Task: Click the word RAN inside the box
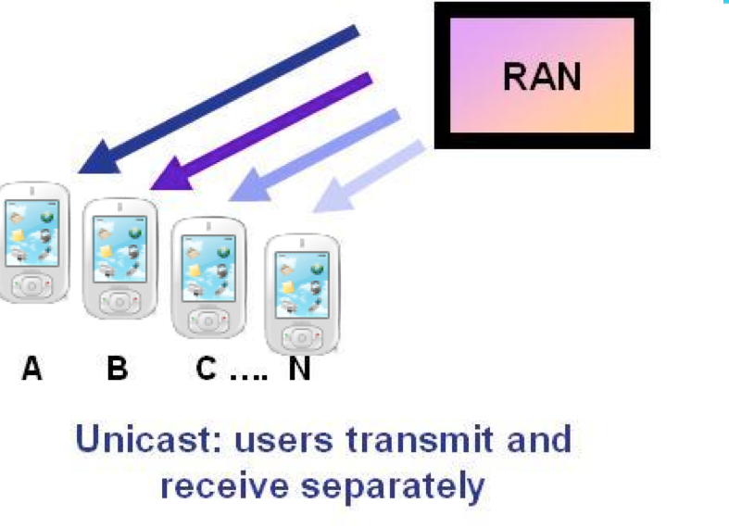542,75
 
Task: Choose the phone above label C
208,275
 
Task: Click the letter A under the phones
32,369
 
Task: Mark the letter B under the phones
117,369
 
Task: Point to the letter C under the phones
207,369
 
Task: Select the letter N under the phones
298,369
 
